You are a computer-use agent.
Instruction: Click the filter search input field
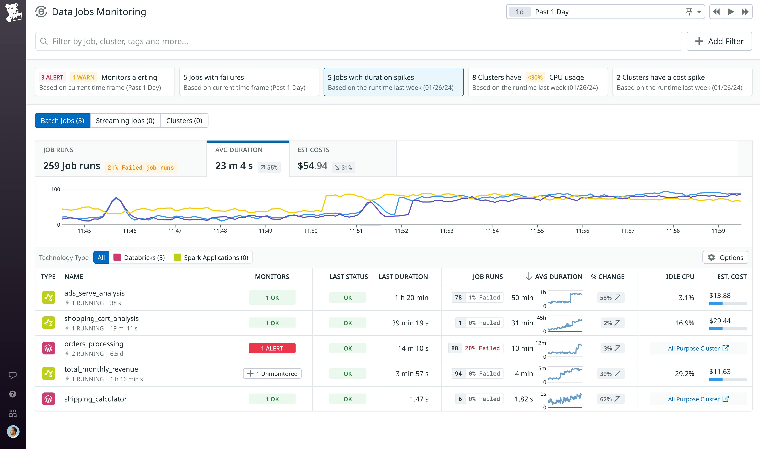[358, 41]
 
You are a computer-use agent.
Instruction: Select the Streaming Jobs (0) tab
[125, 121]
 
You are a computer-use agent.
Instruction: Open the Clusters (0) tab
[184, 121]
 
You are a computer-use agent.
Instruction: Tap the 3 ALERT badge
[52, 77]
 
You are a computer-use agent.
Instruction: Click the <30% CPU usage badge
[535, 77]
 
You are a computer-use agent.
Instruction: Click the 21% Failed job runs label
[141, 168]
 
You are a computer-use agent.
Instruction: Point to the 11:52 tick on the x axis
[401, 231]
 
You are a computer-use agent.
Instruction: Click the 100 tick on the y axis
[56, 189]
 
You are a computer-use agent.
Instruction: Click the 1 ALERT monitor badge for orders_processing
[272, 348]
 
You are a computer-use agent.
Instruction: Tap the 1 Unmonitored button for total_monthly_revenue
[272, 374]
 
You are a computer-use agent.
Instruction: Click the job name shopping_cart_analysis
[101, 319]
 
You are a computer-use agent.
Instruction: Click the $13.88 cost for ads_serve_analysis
[720, 296]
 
